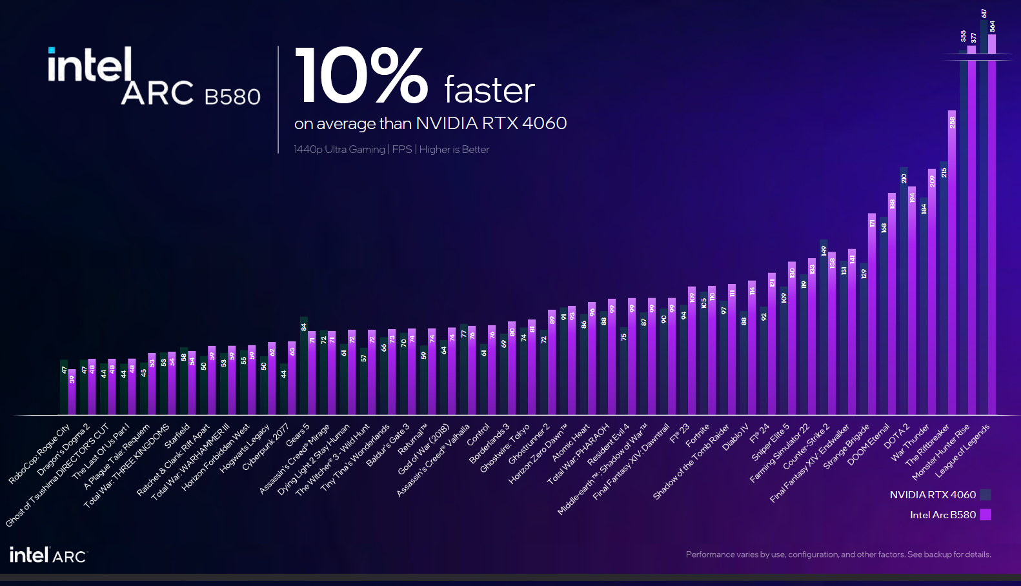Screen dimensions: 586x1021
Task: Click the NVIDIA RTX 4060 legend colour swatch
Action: tap(985, 495)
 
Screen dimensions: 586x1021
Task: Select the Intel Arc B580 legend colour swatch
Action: tap(985, 515)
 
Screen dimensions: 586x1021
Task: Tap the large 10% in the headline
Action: tap(361, 76)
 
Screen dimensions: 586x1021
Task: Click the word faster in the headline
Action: tap(489, 90)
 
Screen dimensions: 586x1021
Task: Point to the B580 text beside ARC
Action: tap(232, 97)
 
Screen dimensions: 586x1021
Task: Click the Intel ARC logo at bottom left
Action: tap(48, 555)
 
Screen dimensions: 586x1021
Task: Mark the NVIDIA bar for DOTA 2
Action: tap(904, 290)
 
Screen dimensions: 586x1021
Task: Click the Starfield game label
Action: tap(177, 436)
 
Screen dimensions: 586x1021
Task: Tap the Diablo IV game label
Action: tap(735, 437)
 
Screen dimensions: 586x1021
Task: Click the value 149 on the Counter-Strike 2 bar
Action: tap(824, 250)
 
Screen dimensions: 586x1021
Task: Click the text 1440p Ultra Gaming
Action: tap(339, 150)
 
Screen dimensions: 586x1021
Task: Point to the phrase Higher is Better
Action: tap(454, 150)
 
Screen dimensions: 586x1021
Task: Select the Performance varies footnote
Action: tap(838, 554)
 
